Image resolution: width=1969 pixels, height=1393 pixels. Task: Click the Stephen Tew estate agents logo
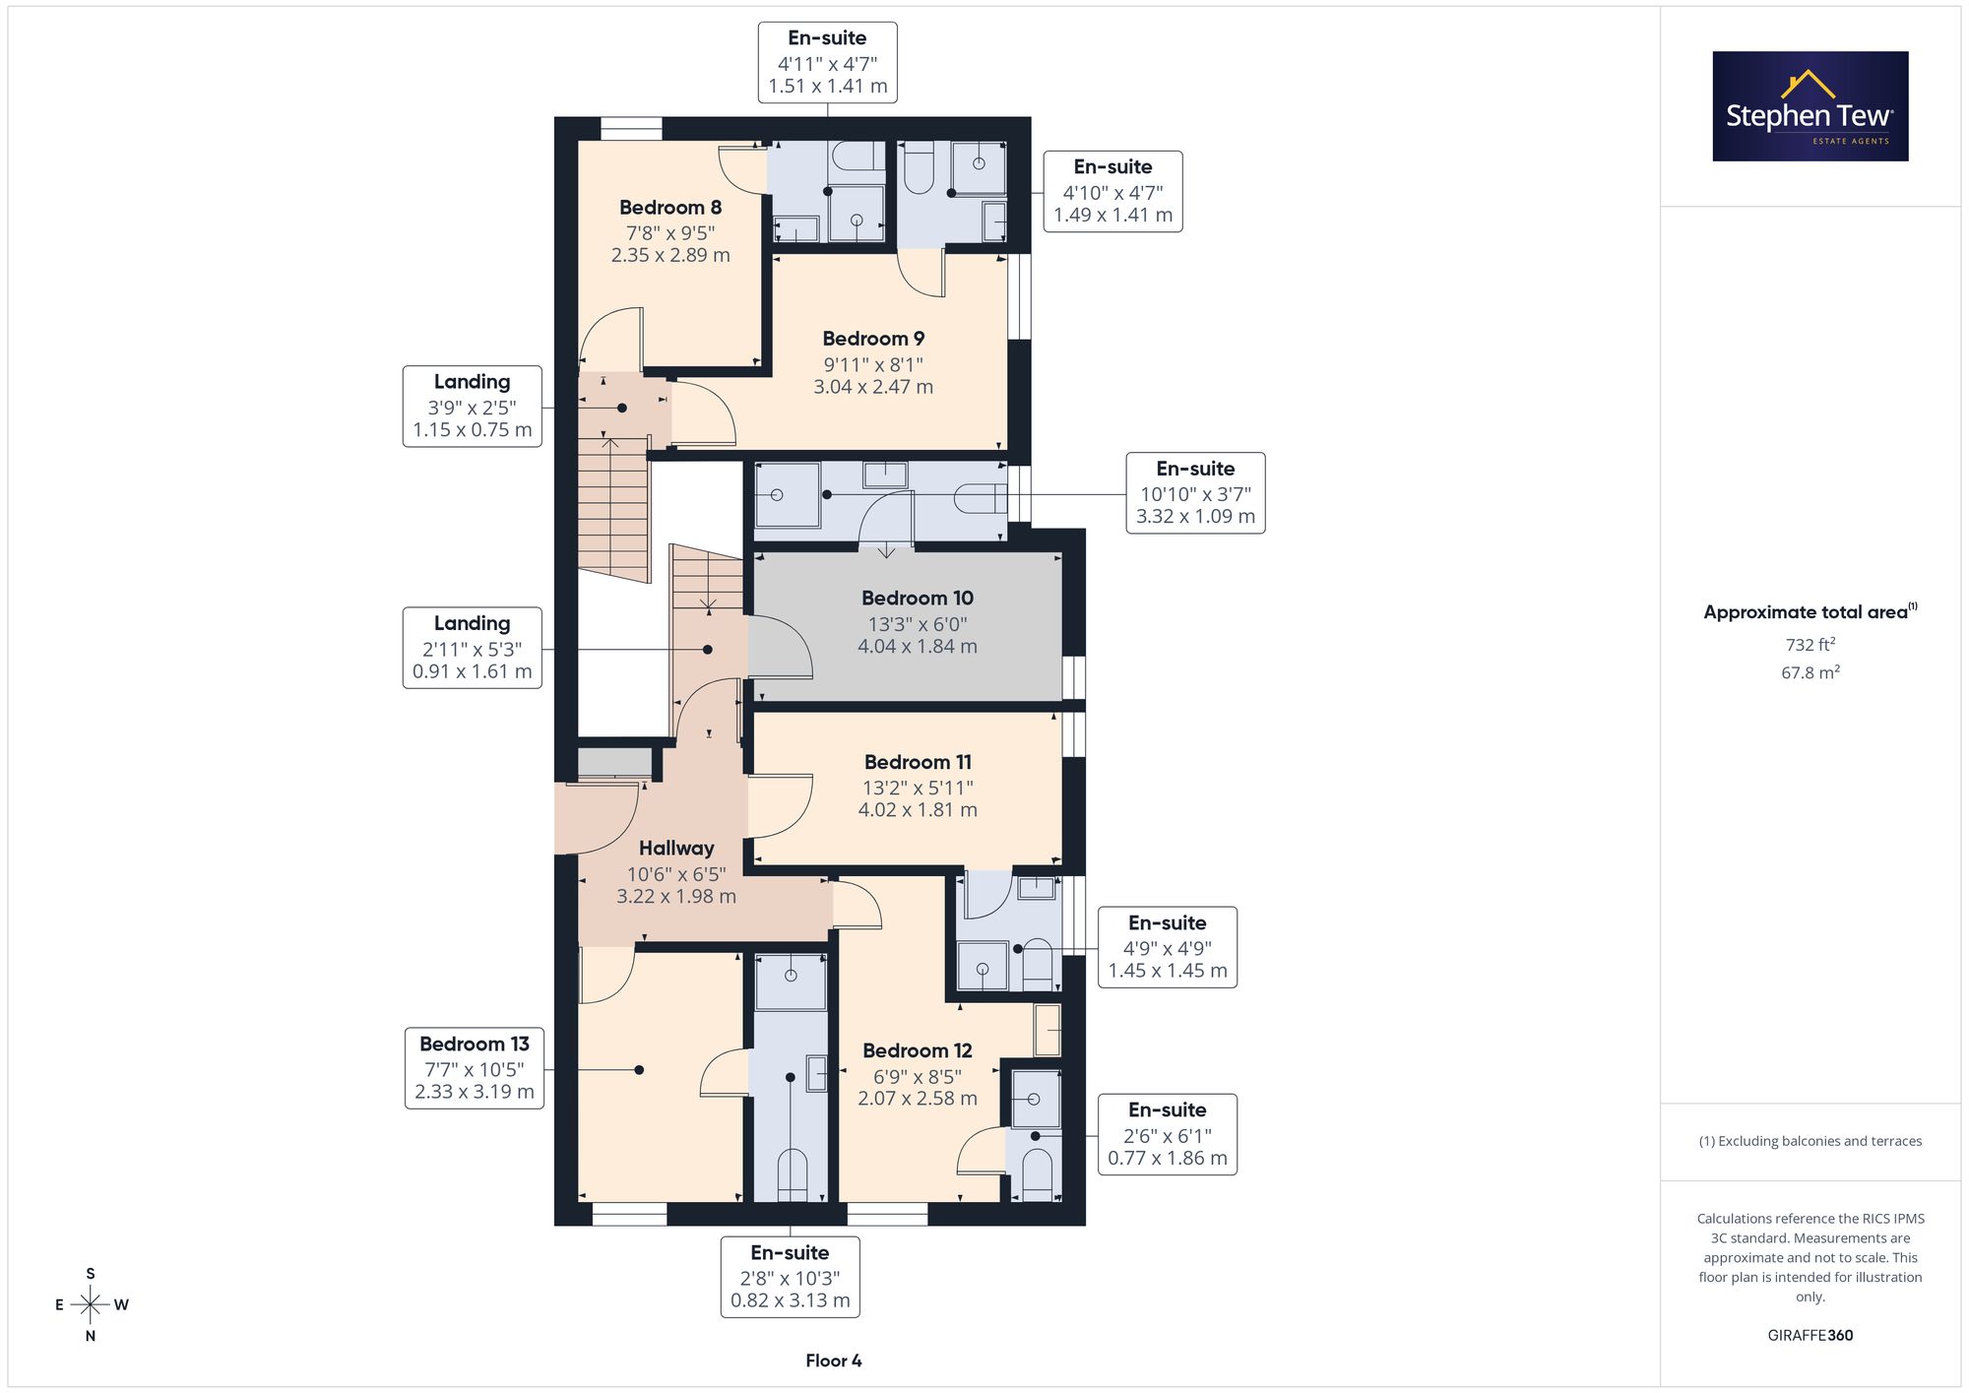[1810, 106]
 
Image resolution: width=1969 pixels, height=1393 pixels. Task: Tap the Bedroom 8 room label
[670, 208]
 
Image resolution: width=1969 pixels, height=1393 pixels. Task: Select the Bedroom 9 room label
[873, 339]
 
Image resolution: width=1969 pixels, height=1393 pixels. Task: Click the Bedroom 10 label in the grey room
[918, 599]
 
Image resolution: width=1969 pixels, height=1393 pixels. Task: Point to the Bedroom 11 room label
[918, 762]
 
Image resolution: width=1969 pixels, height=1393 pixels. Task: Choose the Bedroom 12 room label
[918, 1051]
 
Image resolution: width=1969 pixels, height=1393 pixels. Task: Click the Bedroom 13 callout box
[475, 1068]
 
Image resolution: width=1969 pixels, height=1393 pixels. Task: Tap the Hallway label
[676, 849]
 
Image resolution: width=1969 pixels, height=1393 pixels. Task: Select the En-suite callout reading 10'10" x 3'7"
[1195, 493]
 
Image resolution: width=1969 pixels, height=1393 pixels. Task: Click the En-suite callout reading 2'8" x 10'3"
[790, 1277]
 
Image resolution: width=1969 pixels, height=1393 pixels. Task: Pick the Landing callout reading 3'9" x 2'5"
[473, 406]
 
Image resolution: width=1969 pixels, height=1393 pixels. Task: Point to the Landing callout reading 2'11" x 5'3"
[473, 648]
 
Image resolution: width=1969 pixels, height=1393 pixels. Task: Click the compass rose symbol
[91, 1305]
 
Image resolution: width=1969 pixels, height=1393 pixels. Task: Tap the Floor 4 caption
[833, 1361]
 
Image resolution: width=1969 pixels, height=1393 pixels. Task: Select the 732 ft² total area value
[1810, 645]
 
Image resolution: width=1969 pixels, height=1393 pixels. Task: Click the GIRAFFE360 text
[1810, 1336]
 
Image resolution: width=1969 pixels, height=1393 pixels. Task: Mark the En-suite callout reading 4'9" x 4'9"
[1168, 947]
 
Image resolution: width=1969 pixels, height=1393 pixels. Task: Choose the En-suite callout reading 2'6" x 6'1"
[1168, 1134]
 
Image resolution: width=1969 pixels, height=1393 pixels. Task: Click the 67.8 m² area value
[1810, 672]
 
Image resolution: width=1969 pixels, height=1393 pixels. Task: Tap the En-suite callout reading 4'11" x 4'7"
[827, 62]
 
